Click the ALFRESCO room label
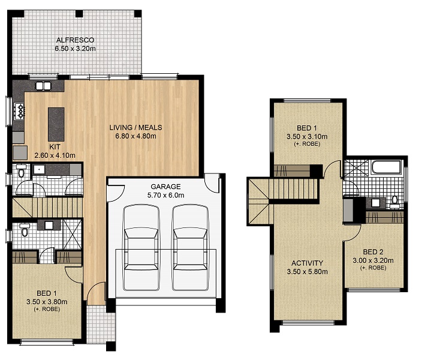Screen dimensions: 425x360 tap(75, 40)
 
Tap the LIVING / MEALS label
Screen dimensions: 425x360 tap(135, 128)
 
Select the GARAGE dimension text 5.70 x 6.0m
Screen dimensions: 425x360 tap(165, 195)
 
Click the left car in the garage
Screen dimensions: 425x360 tap(141, 247)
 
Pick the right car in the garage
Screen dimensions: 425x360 tap(191, 247)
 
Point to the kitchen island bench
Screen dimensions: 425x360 tap(56, 124)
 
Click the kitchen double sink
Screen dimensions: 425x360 tap(43, 86)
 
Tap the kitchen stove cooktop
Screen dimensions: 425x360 tap(20, 111)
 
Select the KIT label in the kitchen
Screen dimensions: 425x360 tap(55, 147)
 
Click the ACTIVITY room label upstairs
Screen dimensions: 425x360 tap(307, 263)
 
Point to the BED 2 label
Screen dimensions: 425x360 tap(373, 252)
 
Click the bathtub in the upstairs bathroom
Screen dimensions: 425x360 tap(386, 167)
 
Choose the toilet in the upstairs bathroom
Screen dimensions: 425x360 tap(394, 202)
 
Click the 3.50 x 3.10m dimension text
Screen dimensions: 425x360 tap(307, 136)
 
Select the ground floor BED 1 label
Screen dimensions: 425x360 tap(47, 293)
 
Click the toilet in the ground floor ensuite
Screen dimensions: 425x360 tap(25, 230)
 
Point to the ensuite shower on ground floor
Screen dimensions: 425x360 tap(72, 234)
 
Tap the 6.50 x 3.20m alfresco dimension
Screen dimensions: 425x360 tap(75, 49)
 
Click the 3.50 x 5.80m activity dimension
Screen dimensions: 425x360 tap(307, 272)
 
